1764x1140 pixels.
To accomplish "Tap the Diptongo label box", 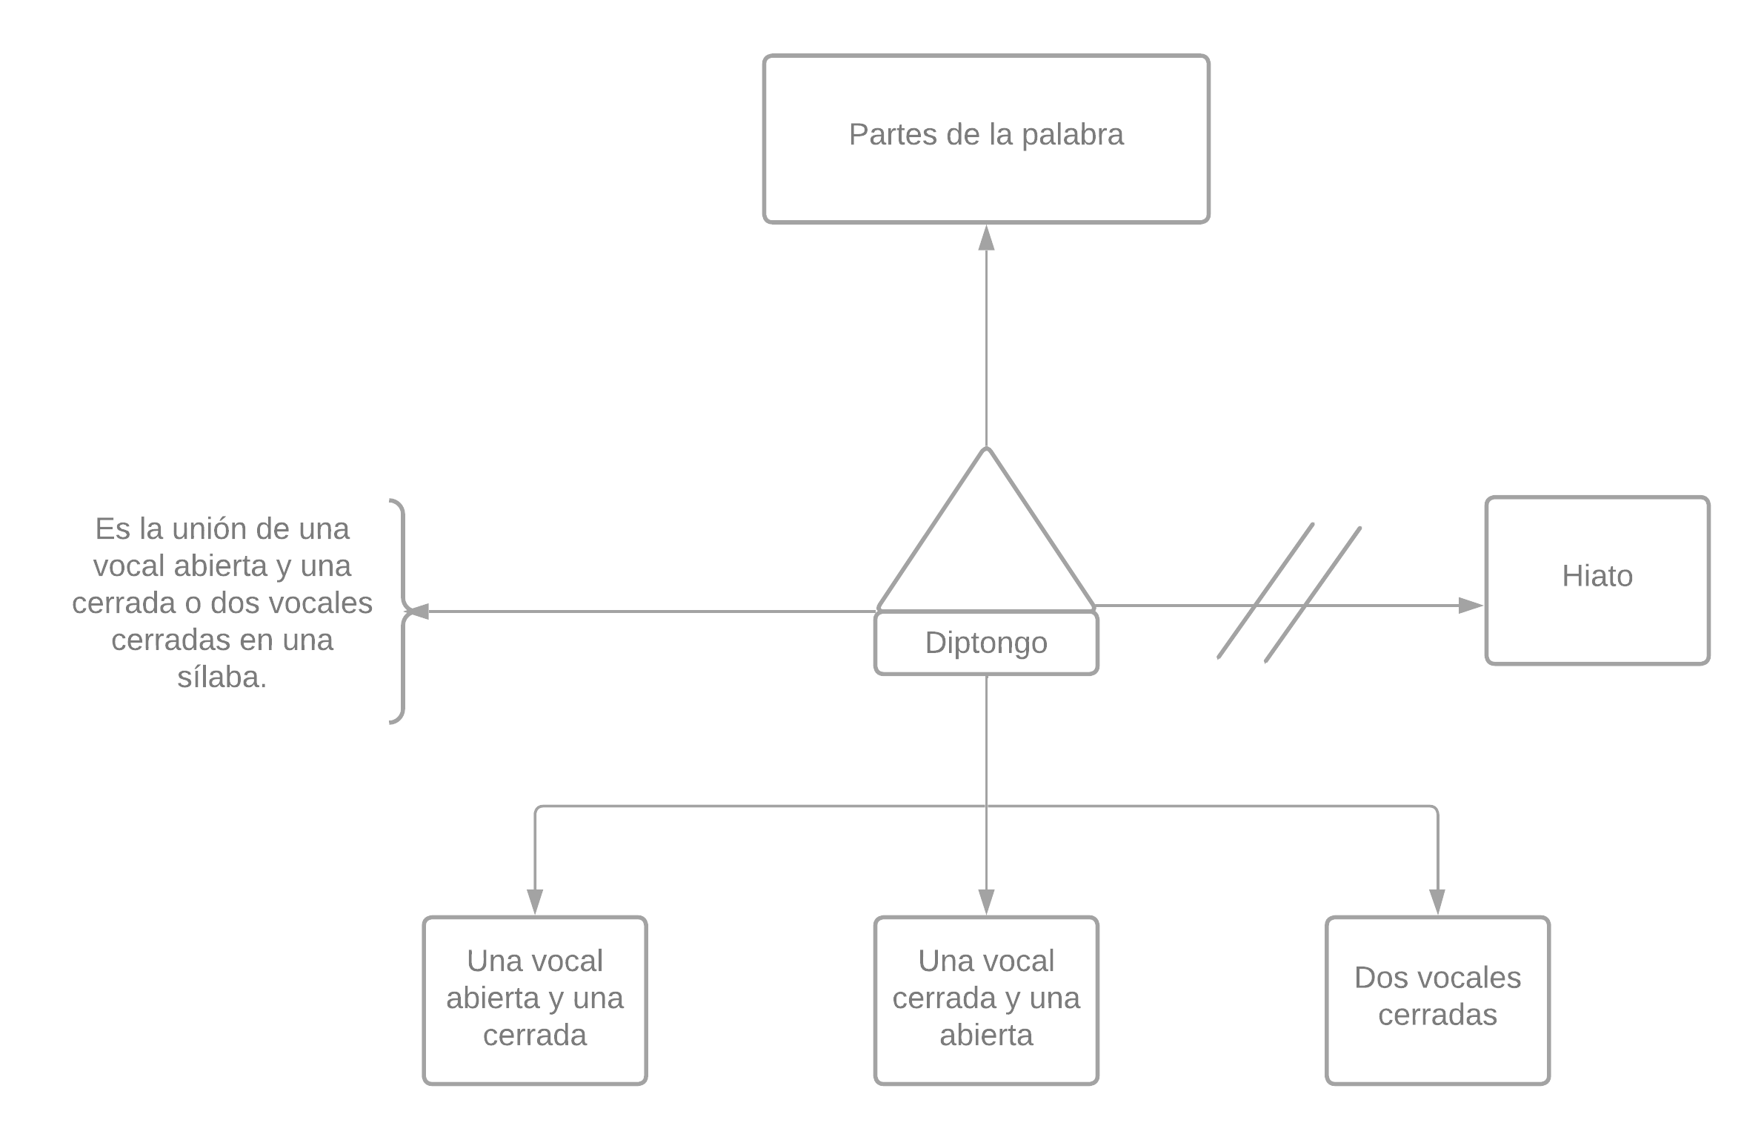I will coord(986,643).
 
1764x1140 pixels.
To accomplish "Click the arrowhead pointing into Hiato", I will coord(1471,606).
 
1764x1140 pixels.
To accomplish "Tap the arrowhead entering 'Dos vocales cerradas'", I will coord(1437,901).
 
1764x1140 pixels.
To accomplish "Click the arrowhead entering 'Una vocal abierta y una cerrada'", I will coord(535,901).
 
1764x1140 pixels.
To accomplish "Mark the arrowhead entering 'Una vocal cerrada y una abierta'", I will coord(986,901).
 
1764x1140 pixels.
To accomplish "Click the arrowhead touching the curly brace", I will coord(419,612).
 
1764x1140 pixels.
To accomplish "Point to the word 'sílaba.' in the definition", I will coord(222,677).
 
